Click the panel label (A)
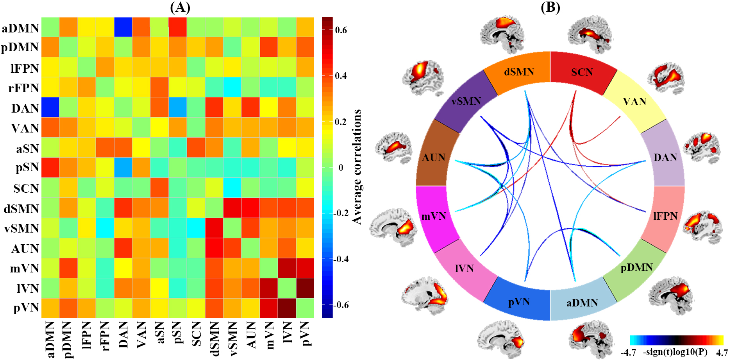[x=180, y=7]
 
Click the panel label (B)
[x=550, y=7]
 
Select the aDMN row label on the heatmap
[x=20, y=28]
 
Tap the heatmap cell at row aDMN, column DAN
[x=123, y=27]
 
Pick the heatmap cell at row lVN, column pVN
[x=305, y=288]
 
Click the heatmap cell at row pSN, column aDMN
[x=50, y=168]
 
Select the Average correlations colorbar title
[x=357, y=167]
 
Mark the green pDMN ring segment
[x=636, y=268]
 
